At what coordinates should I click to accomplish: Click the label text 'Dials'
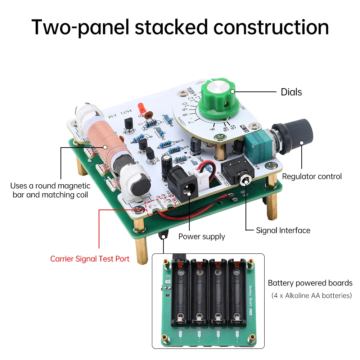point(291,92)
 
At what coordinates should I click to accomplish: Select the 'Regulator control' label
point(312,176)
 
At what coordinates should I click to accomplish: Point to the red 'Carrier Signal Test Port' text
point(90,259)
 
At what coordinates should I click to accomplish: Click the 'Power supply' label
point(202,237)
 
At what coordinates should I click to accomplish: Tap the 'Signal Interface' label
point(283,230)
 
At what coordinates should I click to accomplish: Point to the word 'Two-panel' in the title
point(80,27)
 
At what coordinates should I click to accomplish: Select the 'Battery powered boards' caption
point(310,283)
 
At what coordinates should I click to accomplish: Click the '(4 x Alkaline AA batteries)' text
point(311,296)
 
